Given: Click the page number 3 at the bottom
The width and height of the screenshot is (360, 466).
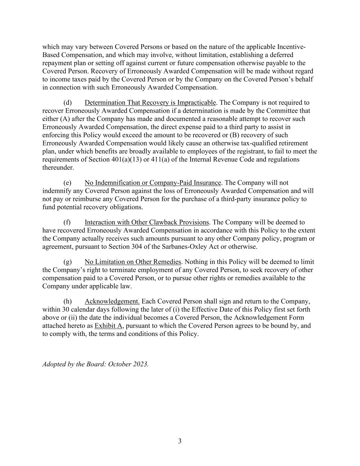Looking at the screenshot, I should pyautogui.click(x=180, y=441).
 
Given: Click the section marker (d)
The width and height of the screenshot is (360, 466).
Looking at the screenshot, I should pyautogui.click(x=68, y=103).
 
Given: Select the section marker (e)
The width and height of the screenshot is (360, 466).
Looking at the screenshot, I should pyautogui.click(x=68, y=183).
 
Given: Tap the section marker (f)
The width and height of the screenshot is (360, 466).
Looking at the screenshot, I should pyautogui.click(x=67, y=223).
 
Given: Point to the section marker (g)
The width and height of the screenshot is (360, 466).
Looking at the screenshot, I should pyautogui.click(x=68, y=262).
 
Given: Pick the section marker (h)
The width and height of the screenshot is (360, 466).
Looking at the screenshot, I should pyautogui.click(x=68, y=301).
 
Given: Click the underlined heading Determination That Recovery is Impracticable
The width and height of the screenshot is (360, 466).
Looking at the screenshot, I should pyautogui.click(x=150, y=103).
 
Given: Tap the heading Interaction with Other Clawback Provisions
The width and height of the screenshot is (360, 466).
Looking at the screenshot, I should pyautogui.click(x=147, y=223).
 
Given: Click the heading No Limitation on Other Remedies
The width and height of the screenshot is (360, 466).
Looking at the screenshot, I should pyautogui.click(x=133, y=262).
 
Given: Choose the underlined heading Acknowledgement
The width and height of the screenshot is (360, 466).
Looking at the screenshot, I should pyautogui.click(x=112, y=301).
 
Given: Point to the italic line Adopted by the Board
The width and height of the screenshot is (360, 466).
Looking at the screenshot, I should pyautogui.click(x=95, y=364).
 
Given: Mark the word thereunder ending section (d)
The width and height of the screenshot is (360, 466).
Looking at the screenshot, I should pyautogui.click(x=58, y=168).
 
